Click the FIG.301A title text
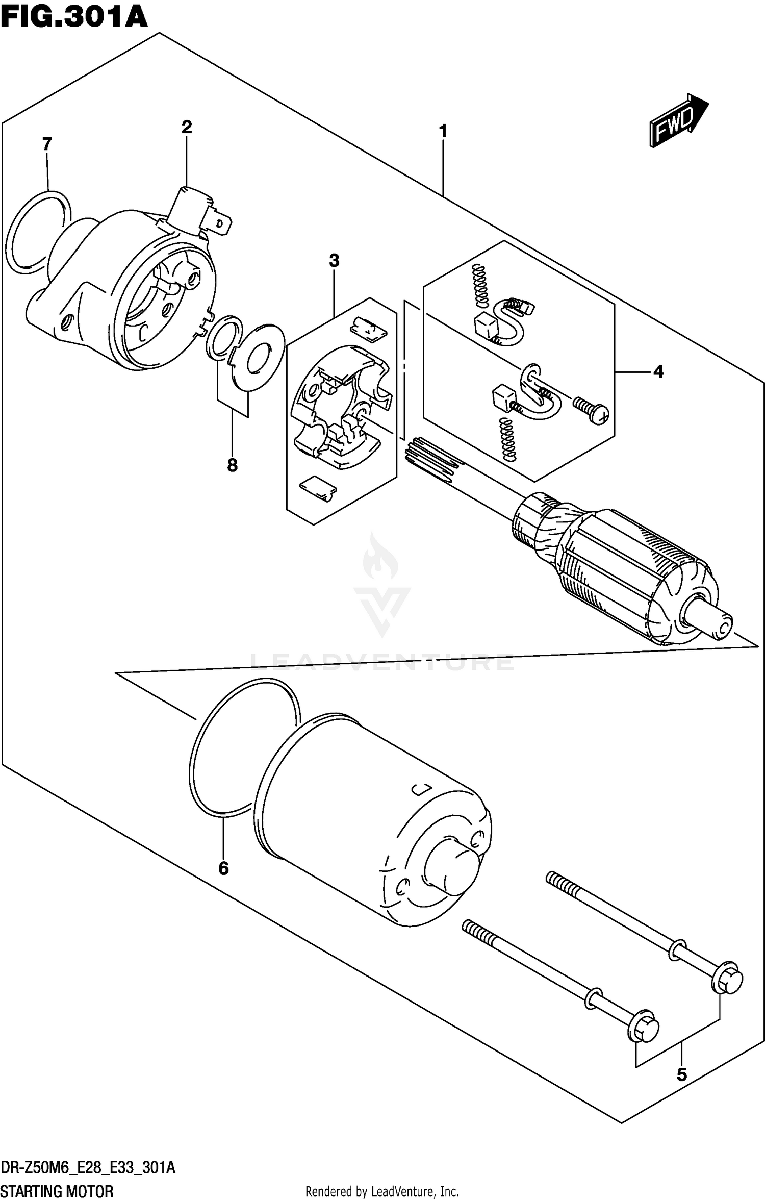coord(74,16)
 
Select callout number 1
coord(443,131)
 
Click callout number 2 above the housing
coord(187,127)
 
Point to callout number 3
coord(334,261)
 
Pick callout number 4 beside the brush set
coord(658,372)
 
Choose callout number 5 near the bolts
coord(682,1074)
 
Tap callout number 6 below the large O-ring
coord(223,868)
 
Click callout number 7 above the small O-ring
coord(47,144)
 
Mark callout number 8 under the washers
coord(232,465)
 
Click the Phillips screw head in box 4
coord(599,414)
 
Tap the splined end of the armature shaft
coord(432,458)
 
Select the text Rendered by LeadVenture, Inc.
coord(382,1192)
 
